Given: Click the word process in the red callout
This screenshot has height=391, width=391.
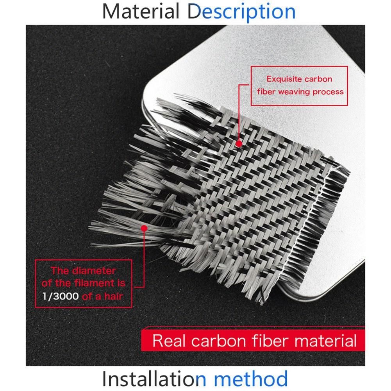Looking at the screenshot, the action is [328, 92].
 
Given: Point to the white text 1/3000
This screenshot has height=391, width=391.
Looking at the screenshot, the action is [61, 296].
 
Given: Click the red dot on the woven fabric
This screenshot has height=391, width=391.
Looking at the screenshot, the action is [239, 144].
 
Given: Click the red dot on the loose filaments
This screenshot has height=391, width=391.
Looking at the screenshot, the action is [144, 228].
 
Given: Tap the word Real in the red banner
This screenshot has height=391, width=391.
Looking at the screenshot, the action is [169, 341].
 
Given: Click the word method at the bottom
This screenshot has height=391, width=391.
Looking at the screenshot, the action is [251, 379].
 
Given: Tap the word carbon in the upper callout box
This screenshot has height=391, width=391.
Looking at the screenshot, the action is [318, 79].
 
